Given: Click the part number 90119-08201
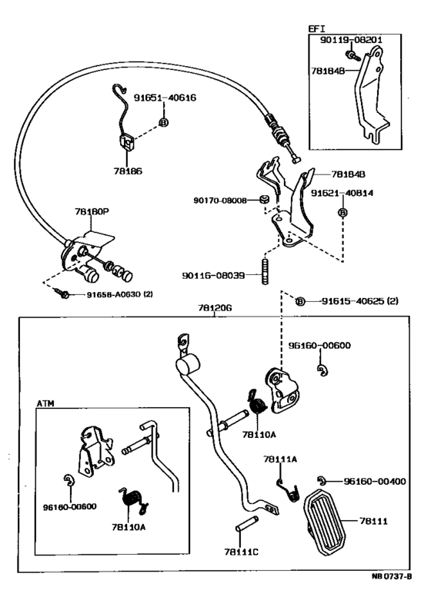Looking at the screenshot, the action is pyautogui.click(x=351, y=40).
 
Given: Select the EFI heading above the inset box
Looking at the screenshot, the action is pyautogui.click(x=316, y=28).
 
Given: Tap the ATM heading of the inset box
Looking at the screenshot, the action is pyautogui.click(x=45, y=403).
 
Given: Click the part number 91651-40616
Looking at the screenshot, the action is pyautogui.click(x=165, y=98).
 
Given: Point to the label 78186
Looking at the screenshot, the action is pyautogui.click(x=128, y=171).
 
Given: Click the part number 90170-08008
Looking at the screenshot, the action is pyautogui.click(x=220, y=201).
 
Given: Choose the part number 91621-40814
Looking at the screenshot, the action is pyautogui.click(x=342, y=193).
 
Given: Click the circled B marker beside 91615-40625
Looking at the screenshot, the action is pyautogui.click(x=300, y=301).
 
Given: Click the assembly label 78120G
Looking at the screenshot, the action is pyautogui.click(x=215, y=308).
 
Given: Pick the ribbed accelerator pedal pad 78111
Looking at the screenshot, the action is pyautogui.click(x=325, y=522).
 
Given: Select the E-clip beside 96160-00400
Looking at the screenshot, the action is pyautogui.click(x=322, y=481).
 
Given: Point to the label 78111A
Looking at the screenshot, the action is pyautogui.click(x=280, y=459).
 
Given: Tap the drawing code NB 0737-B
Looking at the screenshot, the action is pyautogui.click(x=391, y=576).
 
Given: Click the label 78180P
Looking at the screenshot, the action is pyautogui.click(x=92, y=211).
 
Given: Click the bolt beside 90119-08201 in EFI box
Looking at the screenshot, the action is pyautogui.click(x=353, y=55).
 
